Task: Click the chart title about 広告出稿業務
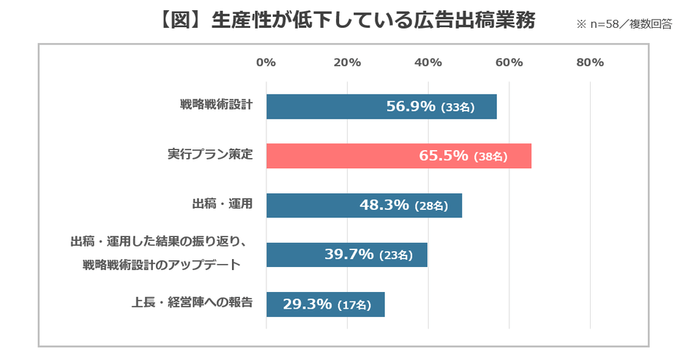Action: tap(344, 20)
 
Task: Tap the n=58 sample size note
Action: tap(624, 24)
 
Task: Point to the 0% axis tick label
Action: tap(266, 63)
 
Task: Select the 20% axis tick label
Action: tap(347, 63)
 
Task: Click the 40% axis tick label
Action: tap(428, 63)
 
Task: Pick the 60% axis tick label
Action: tap(509, 63)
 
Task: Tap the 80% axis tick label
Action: tap(590, 63)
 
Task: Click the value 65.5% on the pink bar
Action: tap(444, 156)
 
